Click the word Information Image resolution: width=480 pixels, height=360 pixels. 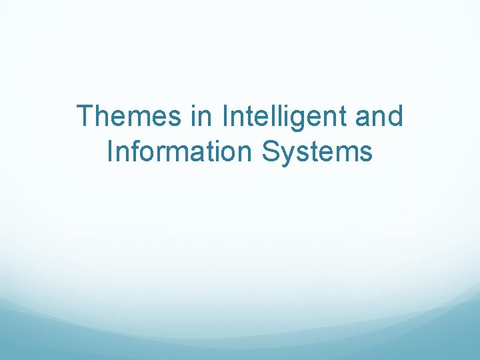click(x=180, y=151)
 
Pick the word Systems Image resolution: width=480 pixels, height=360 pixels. click(x=317, y=153)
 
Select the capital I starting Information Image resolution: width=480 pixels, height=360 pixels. click(x=110, y=151)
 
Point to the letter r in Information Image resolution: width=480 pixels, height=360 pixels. click(x=164, y=153)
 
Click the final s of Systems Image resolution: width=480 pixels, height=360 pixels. click(x=364, y=153)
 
